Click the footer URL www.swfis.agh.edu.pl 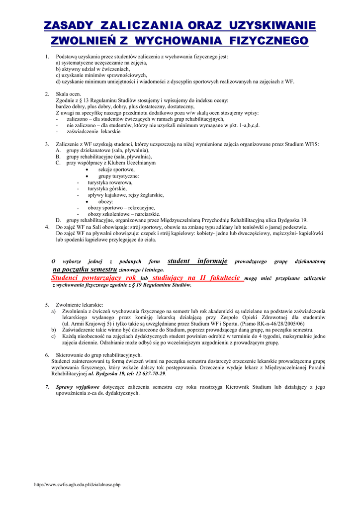[77, 484]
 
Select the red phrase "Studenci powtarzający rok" [94, 278]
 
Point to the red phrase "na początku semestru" [85, 269]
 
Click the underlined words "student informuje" [197, 261]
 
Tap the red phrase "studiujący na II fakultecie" [197, 278]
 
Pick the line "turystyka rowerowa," [110, 182]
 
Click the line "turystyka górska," [107, 189]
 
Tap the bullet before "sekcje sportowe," [87, 170]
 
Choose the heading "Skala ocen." [68, 94]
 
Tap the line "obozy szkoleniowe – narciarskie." [124, 214]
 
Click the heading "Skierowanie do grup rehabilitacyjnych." [99, 355]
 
